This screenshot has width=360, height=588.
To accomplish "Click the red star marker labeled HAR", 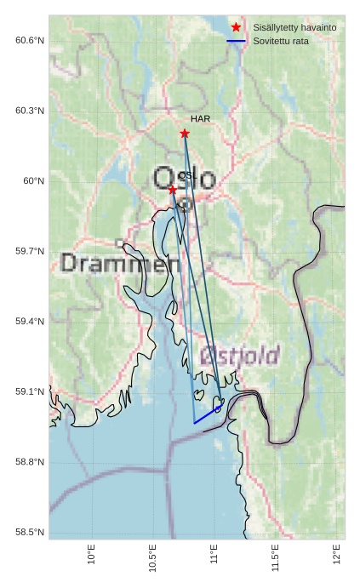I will (185, 134).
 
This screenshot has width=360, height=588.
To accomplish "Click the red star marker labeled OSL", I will (173, 190).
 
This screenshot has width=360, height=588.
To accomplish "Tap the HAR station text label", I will (200, 119).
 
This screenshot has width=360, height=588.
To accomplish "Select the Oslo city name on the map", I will (185, 180).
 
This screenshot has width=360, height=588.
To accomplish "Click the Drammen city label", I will (121, 264).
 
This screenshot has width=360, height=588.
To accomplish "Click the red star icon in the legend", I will (236, 28).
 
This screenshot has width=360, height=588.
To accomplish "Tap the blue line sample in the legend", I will (236, 41).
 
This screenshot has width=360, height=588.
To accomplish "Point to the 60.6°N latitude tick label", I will (30, 40).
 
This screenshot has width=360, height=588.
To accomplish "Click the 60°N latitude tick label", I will (33, 180).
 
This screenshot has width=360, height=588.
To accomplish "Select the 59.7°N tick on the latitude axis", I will (30, 251).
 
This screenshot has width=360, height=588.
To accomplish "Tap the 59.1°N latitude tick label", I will (30, 391).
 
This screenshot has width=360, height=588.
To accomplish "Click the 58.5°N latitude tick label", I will (30, 533).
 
